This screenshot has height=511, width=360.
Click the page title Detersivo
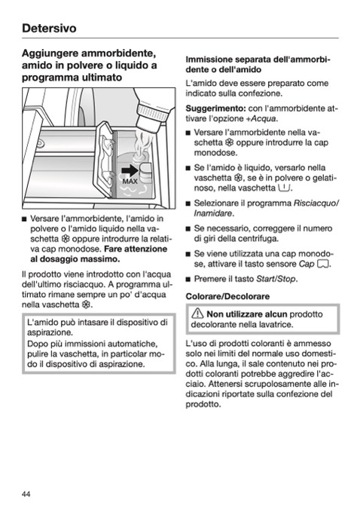tap(49, 29)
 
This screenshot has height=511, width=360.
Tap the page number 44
tap(26, 494)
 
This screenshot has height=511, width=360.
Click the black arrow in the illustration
tap(130, 171)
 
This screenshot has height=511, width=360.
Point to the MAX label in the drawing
tap(130, 182)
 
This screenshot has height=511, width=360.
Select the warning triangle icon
tap(197, 314)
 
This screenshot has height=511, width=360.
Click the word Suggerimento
tap(215, 109)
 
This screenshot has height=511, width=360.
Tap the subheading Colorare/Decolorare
tap(227, 296)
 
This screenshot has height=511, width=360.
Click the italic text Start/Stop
tap(276, 279)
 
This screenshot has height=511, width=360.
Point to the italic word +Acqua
tap(261, 118)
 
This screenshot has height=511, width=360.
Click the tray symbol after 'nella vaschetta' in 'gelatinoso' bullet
tap(284, 188)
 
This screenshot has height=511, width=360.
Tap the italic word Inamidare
tap(213, 213)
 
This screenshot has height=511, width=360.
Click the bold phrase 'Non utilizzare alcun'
tap(246, 314)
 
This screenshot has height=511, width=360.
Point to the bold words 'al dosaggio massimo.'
tap(75, 259)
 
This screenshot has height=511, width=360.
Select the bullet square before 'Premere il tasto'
tap(188, 280)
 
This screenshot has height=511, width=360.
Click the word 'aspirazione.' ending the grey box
tap(126, 364)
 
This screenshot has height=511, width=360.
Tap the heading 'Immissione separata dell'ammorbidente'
tap(258, 64)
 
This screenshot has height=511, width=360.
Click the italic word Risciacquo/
tap(316, 203)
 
